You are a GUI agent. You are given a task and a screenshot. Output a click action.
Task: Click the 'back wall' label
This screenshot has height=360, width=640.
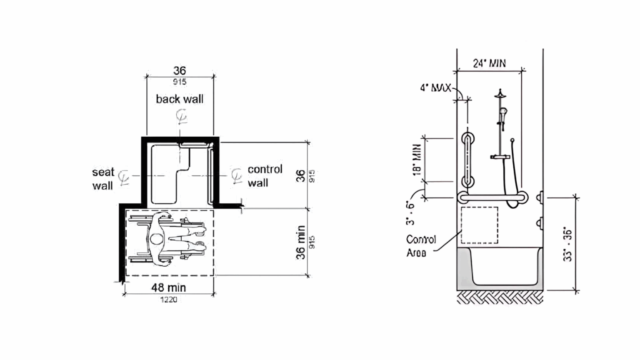coord(180,99)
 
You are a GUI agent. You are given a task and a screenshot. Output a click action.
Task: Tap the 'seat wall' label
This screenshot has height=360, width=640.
coord(103,179)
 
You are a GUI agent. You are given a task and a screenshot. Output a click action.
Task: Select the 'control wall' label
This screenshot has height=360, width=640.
coord(265,176)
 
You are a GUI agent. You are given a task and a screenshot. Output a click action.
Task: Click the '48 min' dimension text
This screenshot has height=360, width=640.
coord(168,287)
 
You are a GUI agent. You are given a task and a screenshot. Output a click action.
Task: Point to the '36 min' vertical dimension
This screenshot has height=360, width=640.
coord(301,242)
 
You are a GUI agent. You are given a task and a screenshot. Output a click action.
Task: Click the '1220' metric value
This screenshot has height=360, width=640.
coord(168,300)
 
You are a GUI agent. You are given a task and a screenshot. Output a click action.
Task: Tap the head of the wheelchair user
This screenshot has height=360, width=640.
coord(157,239)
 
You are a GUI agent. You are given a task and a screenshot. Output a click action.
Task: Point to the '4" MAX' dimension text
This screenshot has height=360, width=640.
coord(435,88)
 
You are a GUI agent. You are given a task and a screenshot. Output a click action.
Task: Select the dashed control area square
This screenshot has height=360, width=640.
coord(480,225)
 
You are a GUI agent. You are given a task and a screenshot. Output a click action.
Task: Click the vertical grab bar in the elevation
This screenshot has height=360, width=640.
coord(467,160)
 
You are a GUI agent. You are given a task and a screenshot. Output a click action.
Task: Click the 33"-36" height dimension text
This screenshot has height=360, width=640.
coord(567,245)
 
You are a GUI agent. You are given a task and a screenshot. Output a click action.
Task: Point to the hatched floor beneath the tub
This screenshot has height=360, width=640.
coord(500,297)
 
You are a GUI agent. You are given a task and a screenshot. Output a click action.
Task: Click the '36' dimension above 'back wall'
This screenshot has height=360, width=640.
coord(180,70)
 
